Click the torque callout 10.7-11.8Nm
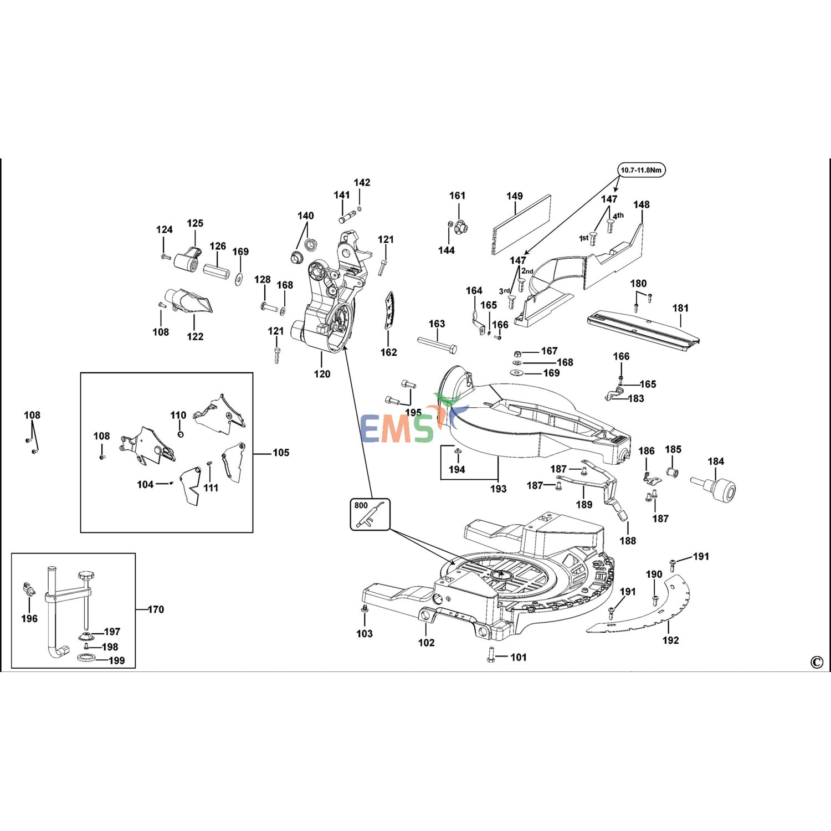coord(641,170)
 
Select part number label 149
coord(514,196)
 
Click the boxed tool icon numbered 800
coord(370,515)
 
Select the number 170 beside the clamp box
coord(156,609)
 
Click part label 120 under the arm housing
coord(322,374)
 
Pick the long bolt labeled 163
coord(437,346)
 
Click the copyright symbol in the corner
coord(816,662)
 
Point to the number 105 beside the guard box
coord(281,453)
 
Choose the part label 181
coord(680,308)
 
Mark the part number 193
coord(498,489)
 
